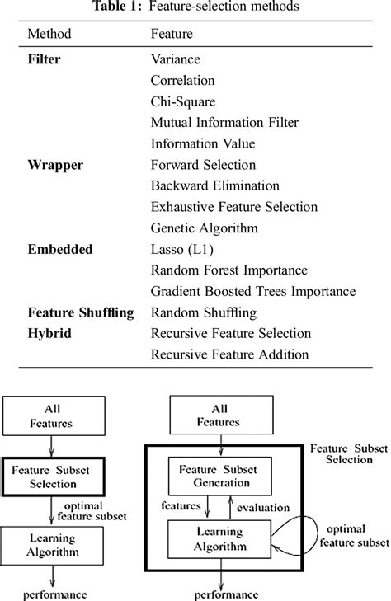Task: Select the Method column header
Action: click(49, 36)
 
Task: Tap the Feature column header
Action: click(171, 36)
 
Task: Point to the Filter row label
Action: click(44, 59)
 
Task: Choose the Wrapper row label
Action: click(54, 165)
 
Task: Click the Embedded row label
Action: click(59, 249)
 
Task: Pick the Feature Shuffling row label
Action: click(80, 312)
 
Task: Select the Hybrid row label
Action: click(49, 334)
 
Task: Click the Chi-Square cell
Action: click(183, 101)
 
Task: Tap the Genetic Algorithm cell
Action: click(205, 228)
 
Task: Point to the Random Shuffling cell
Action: click(204, 312)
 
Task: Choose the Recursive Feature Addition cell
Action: click(229, 354)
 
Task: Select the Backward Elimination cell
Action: click(215, 185)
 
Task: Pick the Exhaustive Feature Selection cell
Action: click(234, 207)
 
